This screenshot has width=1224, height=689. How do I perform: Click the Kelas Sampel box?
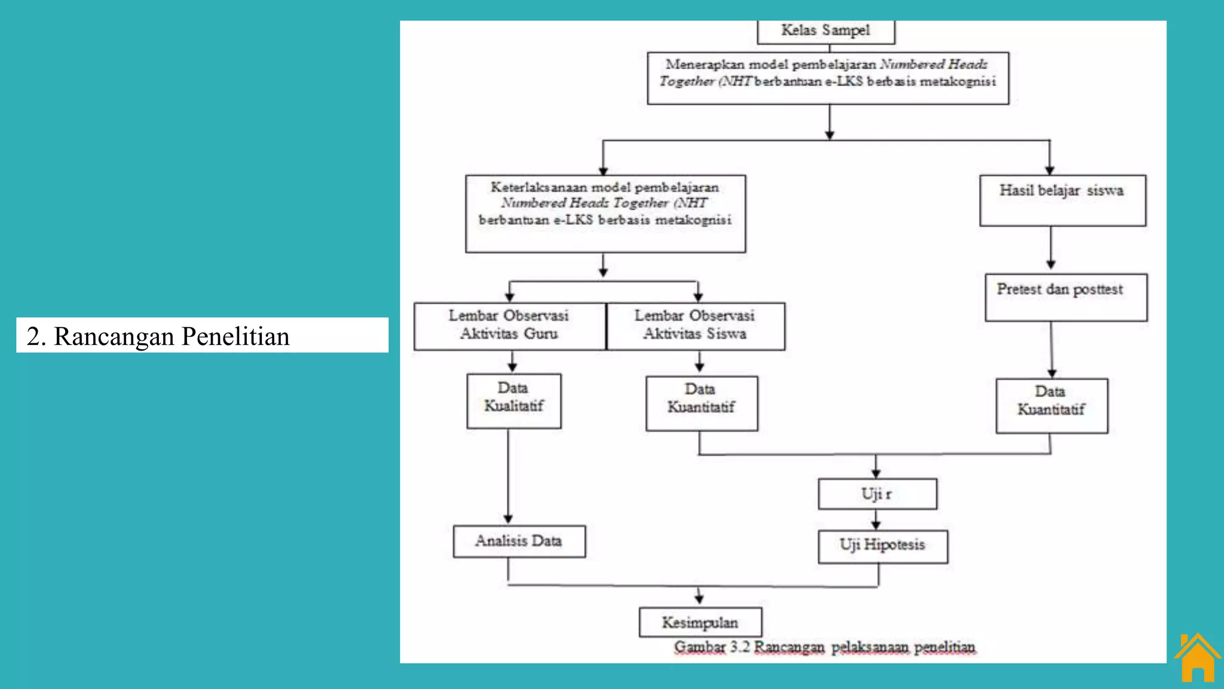[x=826, y=31]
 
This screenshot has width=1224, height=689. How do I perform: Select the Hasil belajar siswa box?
[x=1063, y=200]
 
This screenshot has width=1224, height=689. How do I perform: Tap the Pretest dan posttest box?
[x=1066, y=297]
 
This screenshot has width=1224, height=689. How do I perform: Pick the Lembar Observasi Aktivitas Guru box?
[x=509, y=326]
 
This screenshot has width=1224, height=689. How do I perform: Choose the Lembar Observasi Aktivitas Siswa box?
[x=696, y=326]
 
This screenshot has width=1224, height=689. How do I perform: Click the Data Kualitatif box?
[x=514, y=401]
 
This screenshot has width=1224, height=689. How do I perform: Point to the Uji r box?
[x=877, y=494]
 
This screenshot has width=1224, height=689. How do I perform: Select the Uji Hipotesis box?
[x=883, y=546]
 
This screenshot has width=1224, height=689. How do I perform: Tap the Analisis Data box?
[x=519, y=541]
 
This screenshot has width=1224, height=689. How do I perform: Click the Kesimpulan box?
[x=700, y=623]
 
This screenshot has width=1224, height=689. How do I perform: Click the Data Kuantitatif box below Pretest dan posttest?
[x=1051, y=406]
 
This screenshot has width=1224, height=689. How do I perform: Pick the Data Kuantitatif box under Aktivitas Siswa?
[x=702, y=403]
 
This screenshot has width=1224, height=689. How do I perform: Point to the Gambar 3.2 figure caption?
[x=825, y=647]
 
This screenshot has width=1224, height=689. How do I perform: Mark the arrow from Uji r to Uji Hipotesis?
[x=876, y=520]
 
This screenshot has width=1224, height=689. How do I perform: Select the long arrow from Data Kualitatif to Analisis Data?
[x=508, y=475]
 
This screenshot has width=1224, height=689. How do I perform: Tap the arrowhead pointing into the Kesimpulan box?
[x=699, y=599]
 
